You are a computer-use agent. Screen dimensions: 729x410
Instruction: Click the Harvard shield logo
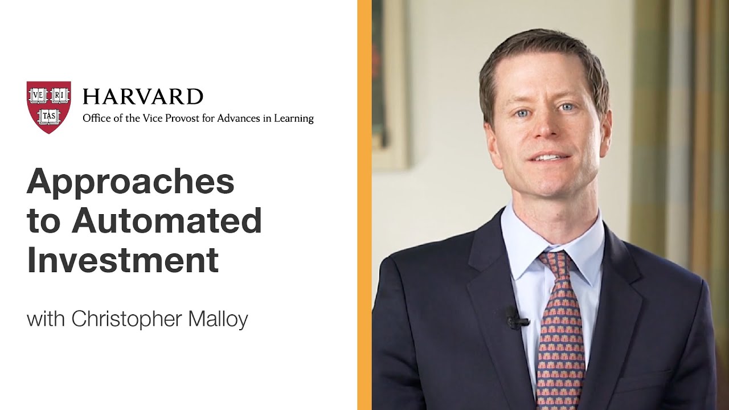(49, 107)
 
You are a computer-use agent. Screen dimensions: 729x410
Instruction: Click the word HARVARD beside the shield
(143, 97)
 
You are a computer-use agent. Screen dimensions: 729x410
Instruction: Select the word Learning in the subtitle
(294, 118)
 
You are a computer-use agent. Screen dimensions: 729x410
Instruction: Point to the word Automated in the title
(167, 220)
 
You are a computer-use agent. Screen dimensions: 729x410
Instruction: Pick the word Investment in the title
(123, 260)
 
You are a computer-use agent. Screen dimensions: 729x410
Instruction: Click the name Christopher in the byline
(126, 319)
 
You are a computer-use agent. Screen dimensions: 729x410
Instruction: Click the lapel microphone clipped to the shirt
(516, 318)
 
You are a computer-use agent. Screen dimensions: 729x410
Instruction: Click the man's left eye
(567, 108)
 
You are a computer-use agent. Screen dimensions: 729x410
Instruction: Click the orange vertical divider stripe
(364, 205)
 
